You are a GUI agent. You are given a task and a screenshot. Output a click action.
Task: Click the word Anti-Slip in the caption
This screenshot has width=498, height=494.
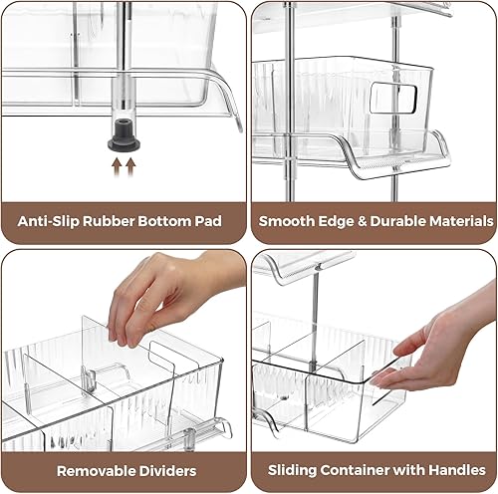click(x=50, y=221)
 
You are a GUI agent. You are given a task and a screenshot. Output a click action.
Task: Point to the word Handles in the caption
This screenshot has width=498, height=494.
click(x=448, y=469)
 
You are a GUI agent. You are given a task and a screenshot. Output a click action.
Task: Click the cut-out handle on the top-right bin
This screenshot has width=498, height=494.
click(x=393, y=98)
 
